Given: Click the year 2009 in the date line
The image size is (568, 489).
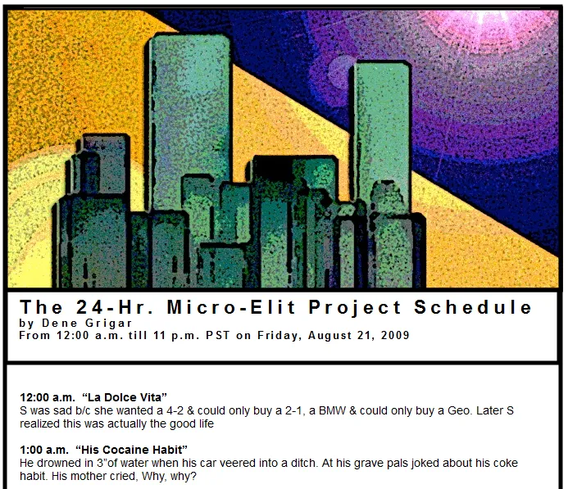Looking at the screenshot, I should [x=393, y=335].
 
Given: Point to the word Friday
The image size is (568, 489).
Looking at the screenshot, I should [x=279, y=335].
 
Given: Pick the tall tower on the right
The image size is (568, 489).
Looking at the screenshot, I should [x=381, y=123].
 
